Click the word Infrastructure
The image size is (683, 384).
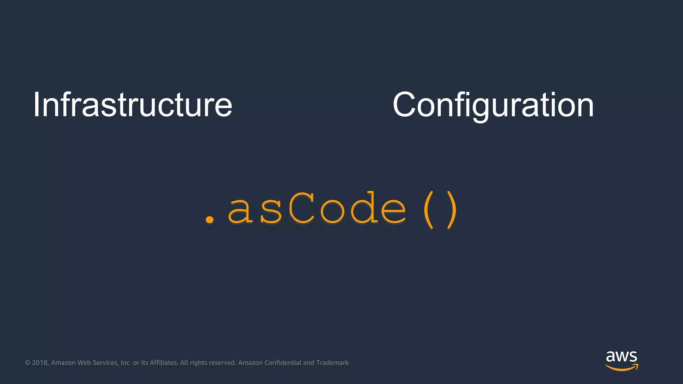coord(132,105)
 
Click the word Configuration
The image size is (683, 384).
coord(493,105)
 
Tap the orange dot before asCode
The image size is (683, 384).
coord(210,219)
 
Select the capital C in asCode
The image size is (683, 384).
coord(301,209)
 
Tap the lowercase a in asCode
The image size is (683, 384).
coord(240,211)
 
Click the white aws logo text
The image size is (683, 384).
coord(621,357)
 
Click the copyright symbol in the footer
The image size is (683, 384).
coord(28,363)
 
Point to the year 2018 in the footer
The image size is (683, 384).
coord(40,363)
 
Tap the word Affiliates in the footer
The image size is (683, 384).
coord(164,363)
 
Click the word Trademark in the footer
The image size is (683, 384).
coord(332,363)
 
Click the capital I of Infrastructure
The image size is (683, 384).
coord(36,105)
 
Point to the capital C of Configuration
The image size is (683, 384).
coord(404,105)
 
